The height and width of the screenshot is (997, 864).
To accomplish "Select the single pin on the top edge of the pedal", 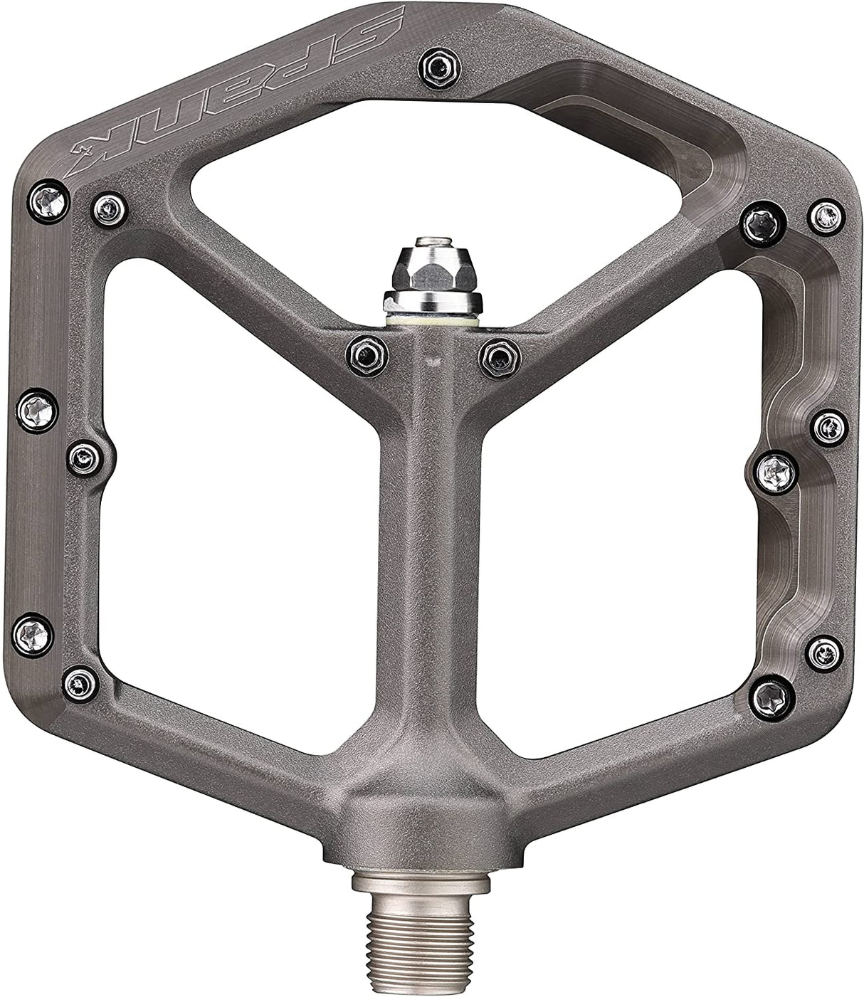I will [x=439, y=68].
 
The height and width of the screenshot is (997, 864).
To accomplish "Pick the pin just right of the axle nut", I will [x=500, y=353].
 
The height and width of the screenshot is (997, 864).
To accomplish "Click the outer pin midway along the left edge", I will [x=36, y=411].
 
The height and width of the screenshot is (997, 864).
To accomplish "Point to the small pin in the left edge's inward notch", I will [x=85, y=458].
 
